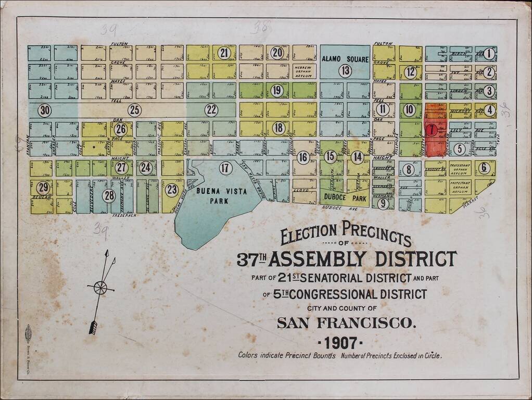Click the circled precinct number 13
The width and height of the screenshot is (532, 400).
[x=345, y=71]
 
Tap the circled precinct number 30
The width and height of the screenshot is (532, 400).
[x=45, y=110]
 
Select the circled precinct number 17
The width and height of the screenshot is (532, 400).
[x=225, y=168]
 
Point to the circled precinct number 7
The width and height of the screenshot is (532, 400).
[x=432, y=130]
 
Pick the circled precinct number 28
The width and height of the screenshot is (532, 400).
[x=109, y=196]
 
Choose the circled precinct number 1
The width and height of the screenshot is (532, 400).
[x=489, y=54]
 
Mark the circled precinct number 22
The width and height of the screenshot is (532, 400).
[x=211, y=110]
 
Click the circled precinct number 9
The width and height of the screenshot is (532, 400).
[x=383, y=203]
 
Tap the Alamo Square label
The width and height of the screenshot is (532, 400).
[x=345, y=59]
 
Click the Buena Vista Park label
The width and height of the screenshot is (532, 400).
[x=217, y=195]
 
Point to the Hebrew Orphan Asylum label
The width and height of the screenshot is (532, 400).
[x=304, y=71]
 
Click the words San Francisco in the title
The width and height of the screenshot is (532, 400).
[x=347, y=323]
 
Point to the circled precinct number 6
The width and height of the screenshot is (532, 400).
[x=484, y=168]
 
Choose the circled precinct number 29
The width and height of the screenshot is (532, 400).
[x=43, y=187]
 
